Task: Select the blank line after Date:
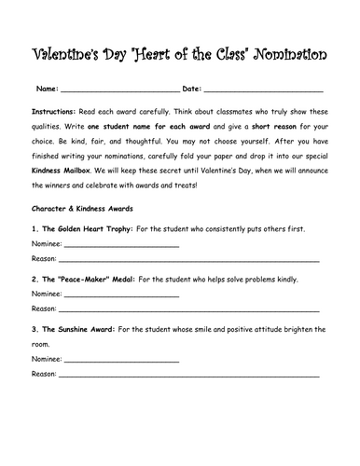point(262,91)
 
